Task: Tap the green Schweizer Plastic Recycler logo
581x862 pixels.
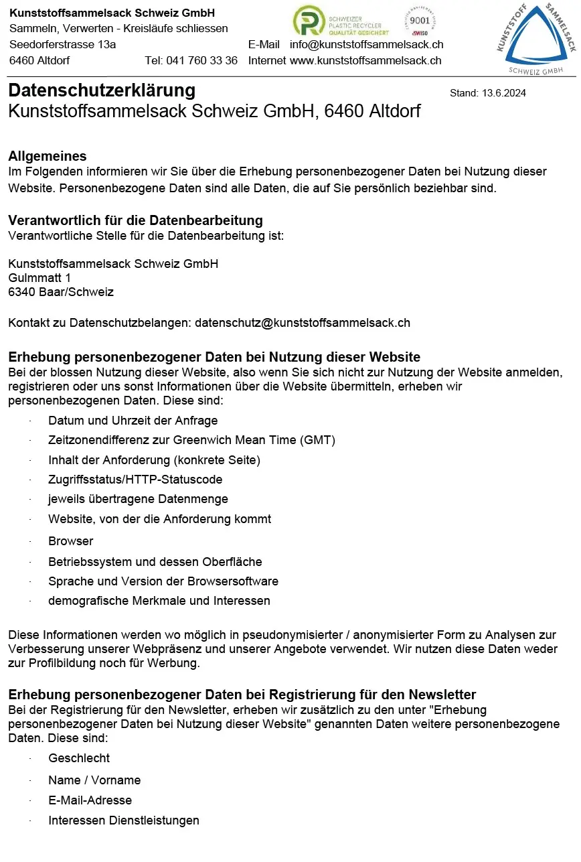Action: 341,21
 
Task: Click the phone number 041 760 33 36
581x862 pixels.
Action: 206,60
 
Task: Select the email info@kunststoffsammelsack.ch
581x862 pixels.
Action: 366,44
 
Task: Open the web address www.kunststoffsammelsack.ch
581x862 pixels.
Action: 365,60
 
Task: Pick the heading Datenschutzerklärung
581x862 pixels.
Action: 102,90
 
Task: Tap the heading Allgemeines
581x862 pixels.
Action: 48,156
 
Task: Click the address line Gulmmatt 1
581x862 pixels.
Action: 39,277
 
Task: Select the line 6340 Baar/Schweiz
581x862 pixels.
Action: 61,292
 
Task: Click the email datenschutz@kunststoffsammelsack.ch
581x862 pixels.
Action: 303,323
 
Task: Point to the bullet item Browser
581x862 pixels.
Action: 70,541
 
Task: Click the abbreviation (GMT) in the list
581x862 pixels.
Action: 318,440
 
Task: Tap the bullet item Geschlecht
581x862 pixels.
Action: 79,758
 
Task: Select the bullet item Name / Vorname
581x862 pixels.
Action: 94,780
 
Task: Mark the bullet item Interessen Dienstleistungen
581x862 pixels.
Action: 124,820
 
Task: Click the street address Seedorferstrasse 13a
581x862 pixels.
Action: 63,44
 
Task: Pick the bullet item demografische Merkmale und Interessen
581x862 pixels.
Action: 159,601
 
